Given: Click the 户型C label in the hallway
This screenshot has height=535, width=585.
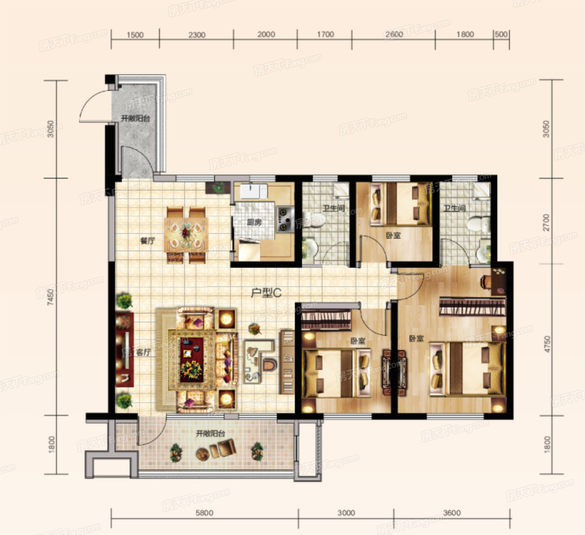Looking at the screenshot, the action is (266, 293).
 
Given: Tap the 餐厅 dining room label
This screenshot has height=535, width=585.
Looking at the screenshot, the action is (147, 241).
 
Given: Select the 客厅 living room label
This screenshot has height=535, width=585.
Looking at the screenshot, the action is (143, 352).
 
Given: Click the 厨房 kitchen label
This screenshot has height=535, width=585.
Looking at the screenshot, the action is (254, 222).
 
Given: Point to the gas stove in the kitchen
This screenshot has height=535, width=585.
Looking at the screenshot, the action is (285, 220).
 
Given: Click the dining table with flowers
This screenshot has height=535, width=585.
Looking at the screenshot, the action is (186, 235).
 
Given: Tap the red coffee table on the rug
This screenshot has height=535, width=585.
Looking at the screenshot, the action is (192, 359).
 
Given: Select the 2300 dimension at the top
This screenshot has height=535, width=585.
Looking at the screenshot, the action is (196, 35).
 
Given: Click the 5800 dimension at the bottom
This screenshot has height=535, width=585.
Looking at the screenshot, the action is (204, 513).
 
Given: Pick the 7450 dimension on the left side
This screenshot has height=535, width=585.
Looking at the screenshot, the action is (51, 297).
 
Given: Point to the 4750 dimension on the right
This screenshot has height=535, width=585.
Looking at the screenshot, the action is (547, 344).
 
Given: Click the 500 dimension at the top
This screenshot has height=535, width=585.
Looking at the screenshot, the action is (501, 34).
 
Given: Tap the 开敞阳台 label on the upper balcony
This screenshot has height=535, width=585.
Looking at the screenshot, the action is (135, 118).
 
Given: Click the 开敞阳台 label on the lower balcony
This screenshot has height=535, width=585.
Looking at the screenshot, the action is (211, 433).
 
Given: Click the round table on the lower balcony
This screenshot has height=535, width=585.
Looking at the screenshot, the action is (203, 454).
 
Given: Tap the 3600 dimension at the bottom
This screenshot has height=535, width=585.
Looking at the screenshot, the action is (452, 513).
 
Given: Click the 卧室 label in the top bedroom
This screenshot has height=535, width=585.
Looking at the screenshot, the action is (393, 235).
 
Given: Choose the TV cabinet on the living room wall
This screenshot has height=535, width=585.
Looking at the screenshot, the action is (125, 349).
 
